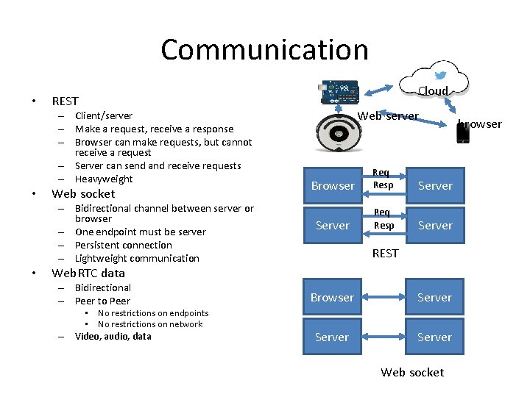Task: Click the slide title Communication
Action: tap(264, 50)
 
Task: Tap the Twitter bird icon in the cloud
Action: tap(440, 75)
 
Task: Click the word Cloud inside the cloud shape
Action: tap(433, 91)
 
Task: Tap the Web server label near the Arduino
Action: tap(388, 116)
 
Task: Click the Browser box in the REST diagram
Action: tap(333, 186)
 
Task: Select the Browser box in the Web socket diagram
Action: tap(332, 298)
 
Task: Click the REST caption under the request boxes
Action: tap(385, 254)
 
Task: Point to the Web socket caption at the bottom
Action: tap(412, 373)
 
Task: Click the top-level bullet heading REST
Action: tap(65, 101)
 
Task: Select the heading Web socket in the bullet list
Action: tap(83, 194)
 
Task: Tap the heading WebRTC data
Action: tap(88, 273)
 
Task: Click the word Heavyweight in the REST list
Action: tap(104, 179)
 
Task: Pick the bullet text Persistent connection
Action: tap(124, 246)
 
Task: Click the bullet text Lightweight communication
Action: tap(137, 259)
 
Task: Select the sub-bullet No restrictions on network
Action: tap(150, 324)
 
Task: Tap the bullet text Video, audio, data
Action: tap(113, 337)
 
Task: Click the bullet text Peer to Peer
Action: tap(102, 301)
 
